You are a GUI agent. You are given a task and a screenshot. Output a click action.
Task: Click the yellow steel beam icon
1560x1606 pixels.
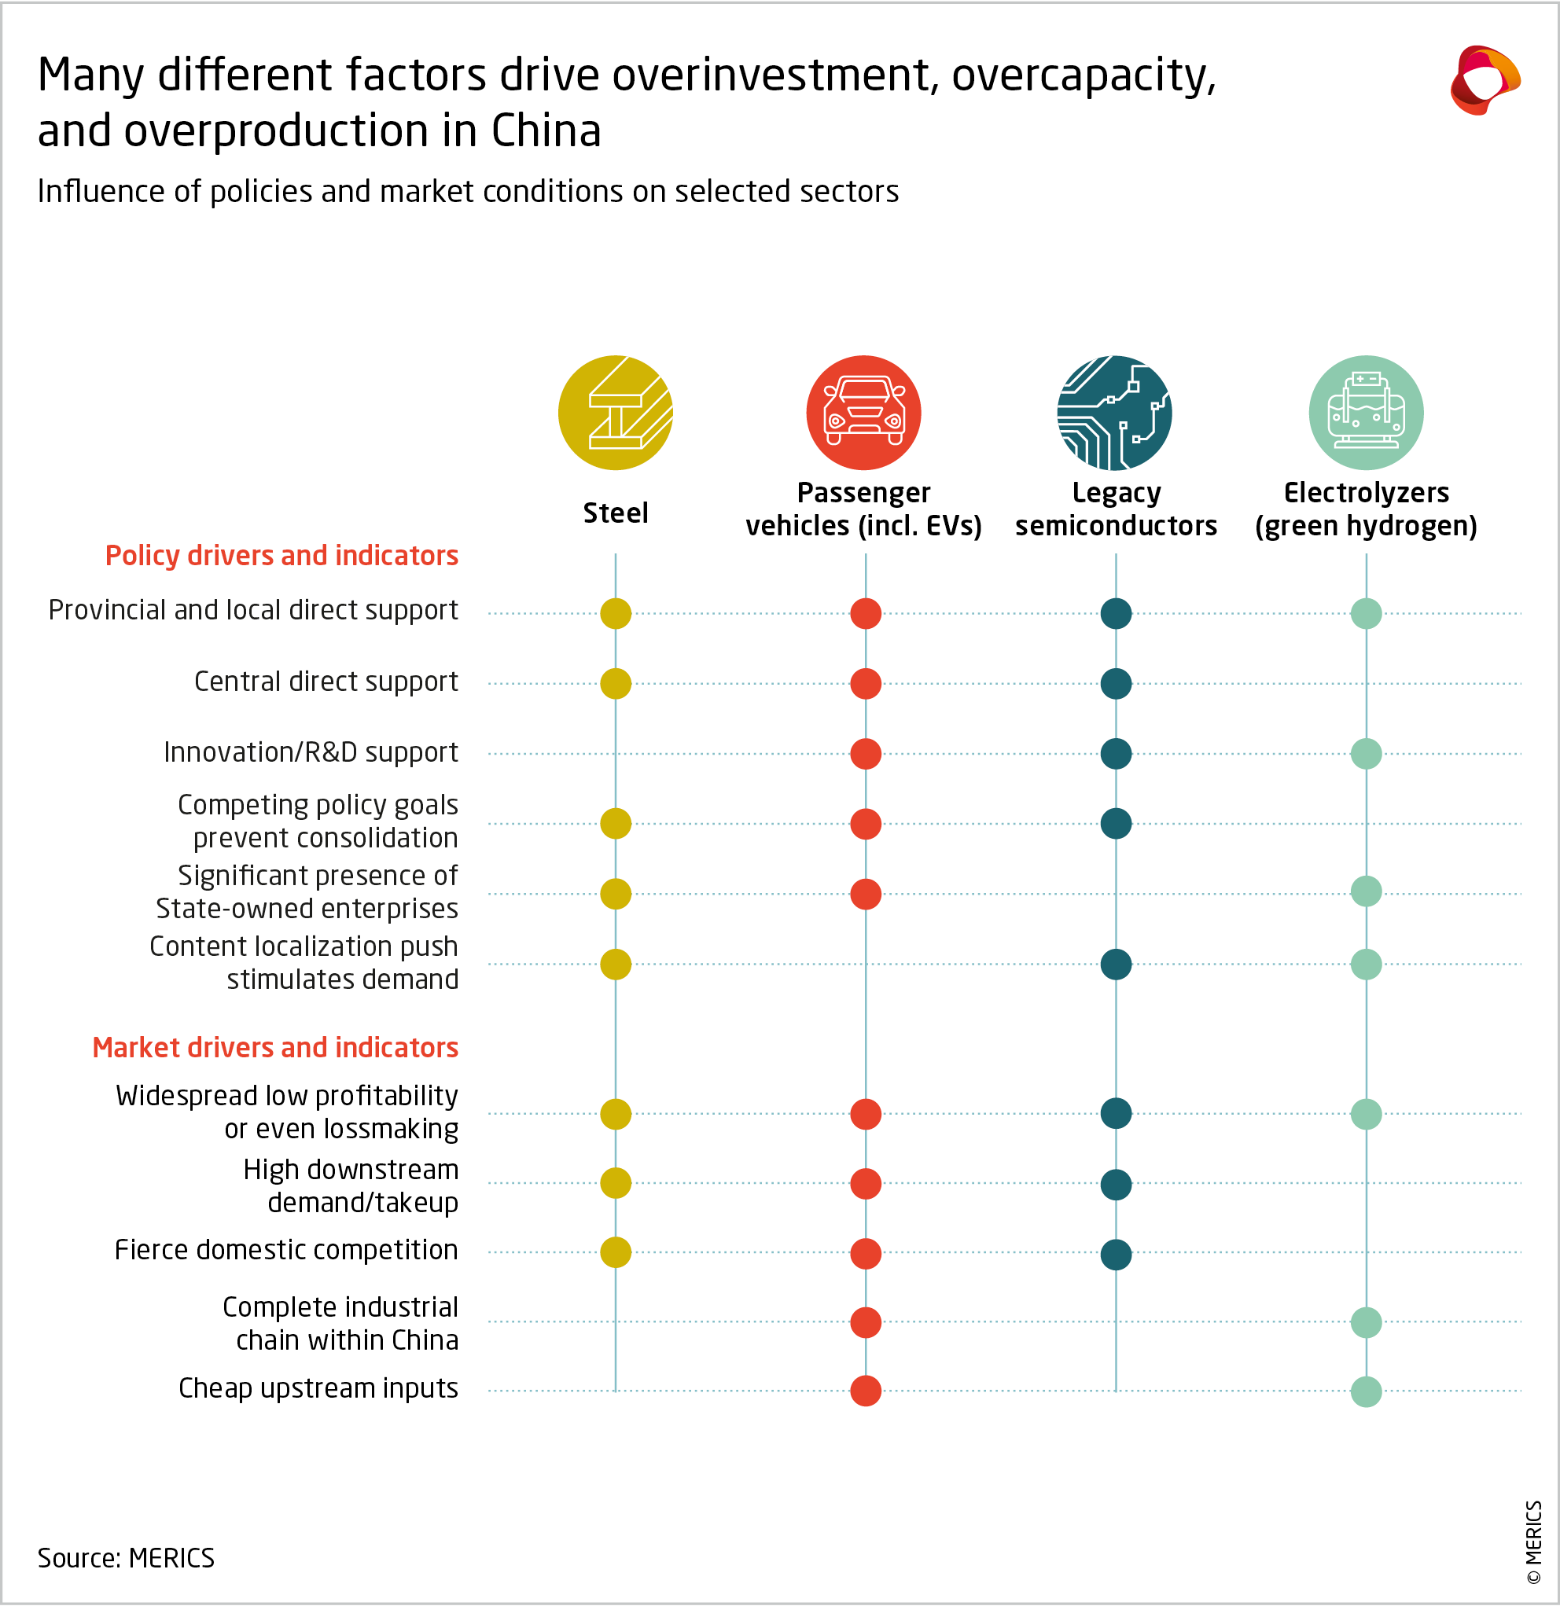[615, 412]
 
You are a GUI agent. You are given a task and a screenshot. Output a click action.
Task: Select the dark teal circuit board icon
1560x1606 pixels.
[1114, 412]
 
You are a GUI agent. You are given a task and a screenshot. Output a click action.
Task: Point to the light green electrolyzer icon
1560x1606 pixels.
[1365, 412]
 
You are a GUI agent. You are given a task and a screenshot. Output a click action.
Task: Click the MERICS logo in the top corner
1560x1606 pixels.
[1484, 80]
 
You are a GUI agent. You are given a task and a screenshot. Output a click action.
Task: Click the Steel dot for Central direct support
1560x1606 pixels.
[615, 683]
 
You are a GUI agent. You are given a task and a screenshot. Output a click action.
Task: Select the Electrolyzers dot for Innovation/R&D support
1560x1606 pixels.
[1366, 753]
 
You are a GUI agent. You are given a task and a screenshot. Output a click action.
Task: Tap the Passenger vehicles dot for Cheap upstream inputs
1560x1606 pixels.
[866, 1391]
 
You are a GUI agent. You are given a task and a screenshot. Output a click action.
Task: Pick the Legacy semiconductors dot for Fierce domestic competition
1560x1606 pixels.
[1116, 1254]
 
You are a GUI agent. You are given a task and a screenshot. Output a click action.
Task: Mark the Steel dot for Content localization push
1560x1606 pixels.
[615, 964]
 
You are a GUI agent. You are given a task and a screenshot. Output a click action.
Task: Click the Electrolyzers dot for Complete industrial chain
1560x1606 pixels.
[1366, 1321]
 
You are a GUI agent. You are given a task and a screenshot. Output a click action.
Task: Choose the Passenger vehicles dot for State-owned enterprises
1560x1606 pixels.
[866, 893]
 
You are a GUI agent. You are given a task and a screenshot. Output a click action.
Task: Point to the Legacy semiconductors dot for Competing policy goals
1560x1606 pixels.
[1116, 823]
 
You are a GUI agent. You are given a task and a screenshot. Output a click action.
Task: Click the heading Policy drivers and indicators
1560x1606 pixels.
[281, 556]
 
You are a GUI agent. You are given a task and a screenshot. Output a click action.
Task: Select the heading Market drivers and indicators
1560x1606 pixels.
[274, 1047]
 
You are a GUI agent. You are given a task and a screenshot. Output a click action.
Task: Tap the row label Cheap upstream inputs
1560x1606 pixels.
[318, 1388]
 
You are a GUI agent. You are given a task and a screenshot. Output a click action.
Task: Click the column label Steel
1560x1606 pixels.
[615, 513]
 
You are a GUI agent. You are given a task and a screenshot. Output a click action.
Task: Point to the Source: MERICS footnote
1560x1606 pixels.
[126, 1558]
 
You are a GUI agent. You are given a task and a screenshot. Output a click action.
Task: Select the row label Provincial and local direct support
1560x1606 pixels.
[252, 611]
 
